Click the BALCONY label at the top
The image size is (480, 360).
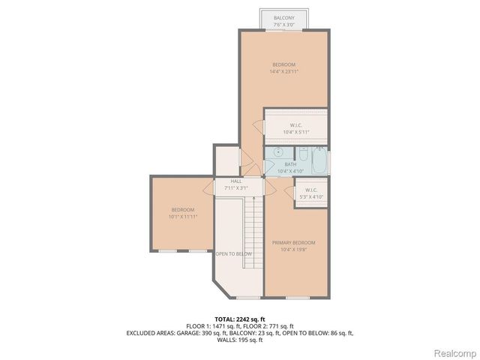[x=283, y=17]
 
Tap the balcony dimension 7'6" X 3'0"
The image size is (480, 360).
[x=283, y=24]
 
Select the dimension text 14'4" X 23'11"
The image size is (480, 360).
[x=285, y=72]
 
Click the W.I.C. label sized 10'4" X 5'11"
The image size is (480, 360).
[x=295, y=124]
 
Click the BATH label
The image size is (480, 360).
[x=289, y=164]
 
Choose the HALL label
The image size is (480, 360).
[x=235, y=181]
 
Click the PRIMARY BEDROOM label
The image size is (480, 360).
[x=293, y=242]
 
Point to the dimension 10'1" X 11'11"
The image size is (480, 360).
[x=182, y=217]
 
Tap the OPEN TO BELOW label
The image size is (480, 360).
[x=233, y=254]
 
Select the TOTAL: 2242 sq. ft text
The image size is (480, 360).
[x=239, y=319]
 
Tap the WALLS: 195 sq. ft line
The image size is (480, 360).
[x=239, y=340]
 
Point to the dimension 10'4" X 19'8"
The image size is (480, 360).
[x=293, y=249]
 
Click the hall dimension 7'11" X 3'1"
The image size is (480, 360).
[x=235, y=187]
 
